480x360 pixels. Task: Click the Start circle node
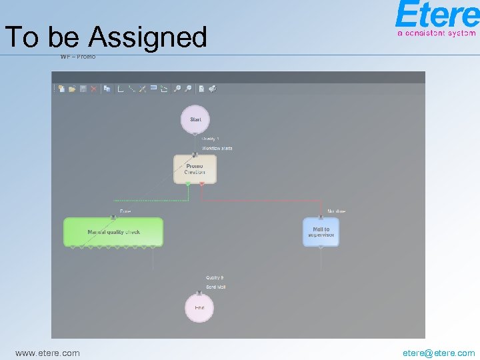point(195,119)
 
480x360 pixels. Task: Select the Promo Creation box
point(195,169)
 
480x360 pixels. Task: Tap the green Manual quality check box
point(113,232)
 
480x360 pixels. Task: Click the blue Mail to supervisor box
point(321,232)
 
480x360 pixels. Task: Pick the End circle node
point(199,307)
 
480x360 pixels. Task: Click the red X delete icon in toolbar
point(94,88)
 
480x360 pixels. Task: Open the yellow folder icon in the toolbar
point(72,88)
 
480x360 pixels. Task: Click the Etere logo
point(436,15)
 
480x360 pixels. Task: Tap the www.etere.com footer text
point(47,353)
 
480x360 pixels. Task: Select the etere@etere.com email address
point(439,353)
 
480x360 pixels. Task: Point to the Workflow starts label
point(217,148)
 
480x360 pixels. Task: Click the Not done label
point(336,211)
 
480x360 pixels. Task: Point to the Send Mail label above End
point(215,287)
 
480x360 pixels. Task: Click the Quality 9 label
point(215,277)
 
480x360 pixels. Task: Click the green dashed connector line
point(150,199)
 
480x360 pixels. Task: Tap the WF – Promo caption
point(78,57)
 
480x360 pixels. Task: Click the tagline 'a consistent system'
point(437,32)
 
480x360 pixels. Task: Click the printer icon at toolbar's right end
point(212,88)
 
